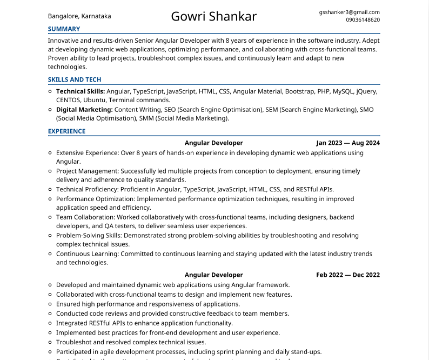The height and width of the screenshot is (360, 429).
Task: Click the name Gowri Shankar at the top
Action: click(214, 16)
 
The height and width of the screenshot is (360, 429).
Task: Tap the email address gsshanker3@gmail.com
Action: click(349, 12)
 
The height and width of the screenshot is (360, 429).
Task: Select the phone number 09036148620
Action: click(363, 20)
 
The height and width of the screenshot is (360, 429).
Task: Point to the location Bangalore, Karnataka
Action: click(79, 16)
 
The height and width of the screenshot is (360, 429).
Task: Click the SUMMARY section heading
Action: click(64, 29)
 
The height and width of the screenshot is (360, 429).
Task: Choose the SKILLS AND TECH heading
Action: click(75, 80)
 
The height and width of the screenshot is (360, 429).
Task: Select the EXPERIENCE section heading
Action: click(66, 131)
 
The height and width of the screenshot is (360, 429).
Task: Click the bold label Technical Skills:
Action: click(81, 92)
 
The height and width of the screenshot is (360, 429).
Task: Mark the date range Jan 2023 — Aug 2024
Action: click(348, 143)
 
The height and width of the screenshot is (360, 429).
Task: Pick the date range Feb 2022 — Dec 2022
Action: click(348, 275)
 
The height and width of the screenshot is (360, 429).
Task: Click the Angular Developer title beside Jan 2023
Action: click(214, 143)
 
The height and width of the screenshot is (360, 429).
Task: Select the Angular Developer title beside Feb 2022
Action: click(214, 275)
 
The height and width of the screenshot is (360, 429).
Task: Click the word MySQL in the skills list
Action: click(344, 92)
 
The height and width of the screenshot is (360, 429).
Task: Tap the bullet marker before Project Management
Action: click(50, 171)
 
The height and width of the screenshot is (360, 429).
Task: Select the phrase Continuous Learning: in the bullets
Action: click(88, 254)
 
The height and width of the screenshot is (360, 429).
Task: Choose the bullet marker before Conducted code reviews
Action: click(50, 314)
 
